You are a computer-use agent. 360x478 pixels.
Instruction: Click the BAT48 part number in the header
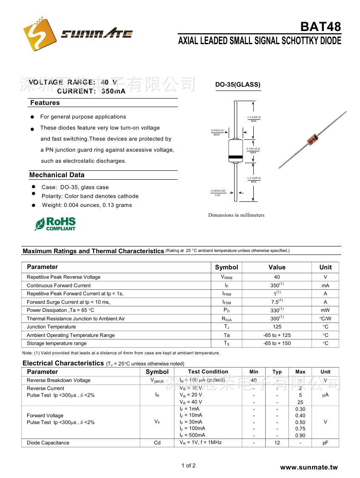pos(320,27)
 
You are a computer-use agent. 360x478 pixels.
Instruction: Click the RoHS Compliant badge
pos(55,224)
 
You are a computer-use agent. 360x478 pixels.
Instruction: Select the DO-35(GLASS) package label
pos(238,85)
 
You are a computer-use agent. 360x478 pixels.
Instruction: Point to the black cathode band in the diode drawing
pos(235,158)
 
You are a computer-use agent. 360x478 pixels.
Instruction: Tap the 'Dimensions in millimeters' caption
pos(236,215)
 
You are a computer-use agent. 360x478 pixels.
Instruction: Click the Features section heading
pos(45,103)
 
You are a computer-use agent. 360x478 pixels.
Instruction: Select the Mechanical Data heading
pos(57,175)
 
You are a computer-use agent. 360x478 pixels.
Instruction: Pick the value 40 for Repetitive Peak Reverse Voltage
pos(277,277)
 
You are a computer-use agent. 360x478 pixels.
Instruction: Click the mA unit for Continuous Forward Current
pos(326,286)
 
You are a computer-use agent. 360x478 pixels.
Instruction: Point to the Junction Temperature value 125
pos(277,327)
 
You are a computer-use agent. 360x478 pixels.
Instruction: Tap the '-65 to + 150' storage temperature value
pos(277,343)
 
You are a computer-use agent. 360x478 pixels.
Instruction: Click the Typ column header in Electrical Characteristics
pos(277,372)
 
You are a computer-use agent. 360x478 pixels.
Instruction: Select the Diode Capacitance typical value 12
pos(277,443)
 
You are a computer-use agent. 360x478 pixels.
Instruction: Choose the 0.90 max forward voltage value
pos(300,436)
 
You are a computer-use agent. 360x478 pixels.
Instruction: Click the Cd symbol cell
pos(157,443)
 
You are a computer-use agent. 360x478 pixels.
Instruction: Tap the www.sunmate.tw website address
pos(309,467)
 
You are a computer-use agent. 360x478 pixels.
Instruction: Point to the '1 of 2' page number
pos(188,465)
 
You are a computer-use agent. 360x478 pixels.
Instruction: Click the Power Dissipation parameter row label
pos(60,310)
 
